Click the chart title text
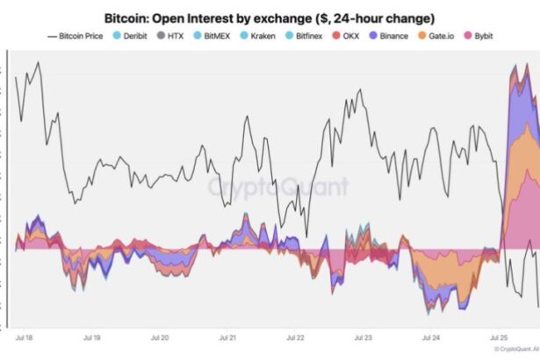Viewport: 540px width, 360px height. point(270,18)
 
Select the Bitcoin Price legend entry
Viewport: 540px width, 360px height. point(84,36)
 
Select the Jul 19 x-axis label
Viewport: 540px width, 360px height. point(91,337)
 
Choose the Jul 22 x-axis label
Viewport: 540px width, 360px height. point(295,337)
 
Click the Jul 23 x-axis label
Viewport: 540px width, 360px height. point(363,337)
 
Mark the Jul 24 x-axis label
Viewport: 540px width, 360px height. point(430,337)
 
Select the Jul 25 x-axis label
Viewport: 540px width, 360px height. point(498,337)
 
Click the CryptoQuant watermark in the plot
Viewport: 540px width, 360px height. point(277,187)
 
